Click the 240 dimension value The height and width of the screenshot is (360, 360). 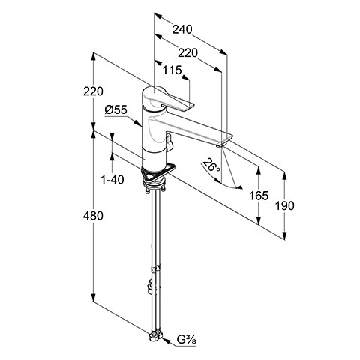click(x=182, y=29)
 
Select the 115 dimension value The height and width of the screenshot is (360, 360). click(x=172, y=70)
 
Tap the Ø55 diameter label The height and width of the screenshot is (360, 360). click(x=116, y=109)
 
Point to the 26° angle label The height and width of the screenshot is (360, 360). click(x=211, y=165)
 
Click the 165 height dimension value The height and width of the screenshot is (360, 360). click(x=259, y=196)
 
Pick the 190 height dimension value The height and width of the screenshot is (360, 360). click(x=285, y=205)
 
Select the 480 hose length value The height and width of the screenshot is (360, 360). click(x=93, y=216)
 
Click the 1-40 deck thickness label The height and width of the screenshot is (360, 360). click(x=112, y=179)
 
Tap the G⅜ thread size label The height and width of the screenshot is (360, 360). click(x=187, y=340)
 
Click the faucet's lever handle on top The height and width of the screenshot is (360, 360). click(x=166, y=99)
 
